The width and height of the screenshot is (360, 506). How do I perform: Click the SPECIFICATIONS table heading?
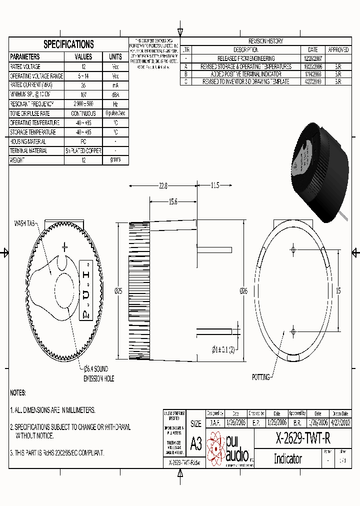click(68, 44)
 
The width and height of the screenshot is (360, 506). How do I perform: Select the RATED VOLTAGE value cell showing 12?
click(83, 66)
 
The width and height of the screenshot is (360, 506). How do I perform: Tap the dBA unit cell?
click(115, 94)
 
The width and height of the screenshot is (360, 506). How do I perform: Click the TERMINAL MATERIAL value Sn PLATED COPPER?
click(83, 151)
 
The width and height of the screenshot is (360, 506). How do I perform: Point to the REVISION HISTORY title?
click(265, 41)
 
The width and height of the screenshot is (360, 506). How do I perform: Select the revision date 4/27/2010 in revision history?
click(313, 81)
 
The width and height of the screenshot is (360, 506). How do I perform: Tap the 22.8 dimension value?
click(162, 186)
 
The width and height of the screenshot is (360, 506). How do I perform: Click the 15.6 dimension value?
click(172, 202)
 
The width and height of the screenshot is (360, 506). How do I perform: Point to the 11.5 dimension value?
click(214, 186)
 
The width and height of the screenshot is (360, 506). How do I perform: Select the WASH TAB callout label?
click(24, 223)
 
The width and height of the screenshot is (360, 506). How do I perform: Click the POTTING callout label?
click(261, 377)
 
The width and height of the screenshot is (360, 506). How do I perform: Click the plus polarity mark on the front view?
click(64, 247)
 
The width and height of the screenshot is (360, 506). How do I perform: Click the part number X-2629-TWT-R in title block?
click(303, 439)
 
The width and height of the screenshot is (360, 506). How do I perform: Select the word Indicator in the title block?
click(287, 459)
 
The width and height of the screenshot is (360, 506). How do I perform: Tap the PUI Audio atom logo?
click(216, 448)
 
